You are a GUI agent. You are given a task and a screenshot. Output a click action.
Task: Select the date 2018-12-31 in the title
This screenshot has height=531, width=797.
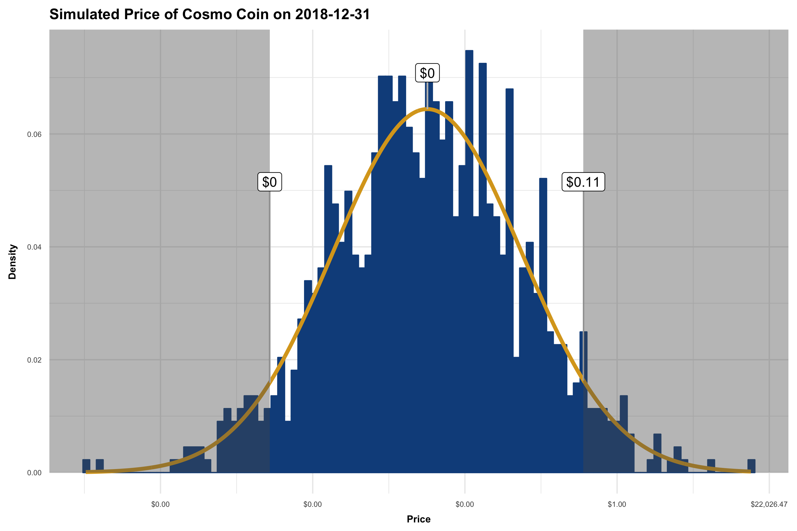pos(332,14)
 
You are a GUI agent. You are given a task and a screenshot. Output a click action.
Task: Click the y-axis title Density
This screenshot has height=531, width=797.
pos(12,261)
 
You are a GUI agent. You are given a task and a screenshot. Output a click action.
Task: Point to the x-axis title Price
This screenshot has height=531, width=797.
pos(419,519)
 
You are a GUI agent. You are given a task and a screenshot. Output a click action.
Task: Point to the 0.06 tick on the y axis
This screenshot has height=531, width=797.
pos(34,135)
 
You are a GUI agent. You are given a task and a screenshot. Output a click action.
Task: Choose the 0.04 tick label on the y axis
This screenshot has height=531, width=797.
pos(34,247)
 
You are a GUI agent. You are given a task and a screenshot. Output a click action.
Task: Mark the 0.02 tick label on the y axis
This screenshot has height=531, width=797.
pos(34,360)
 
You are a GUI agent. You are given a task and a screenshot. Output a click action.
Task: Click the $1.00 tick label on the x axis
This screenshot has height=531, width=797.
pos(617,504)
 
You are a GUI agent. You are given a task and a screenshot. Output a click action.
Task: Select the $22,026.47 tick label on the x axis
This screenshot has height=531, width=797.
pos(769,504)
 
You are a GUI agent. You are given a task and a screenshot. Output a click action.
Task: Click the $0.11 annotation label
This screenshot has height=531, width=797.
pos(583,182)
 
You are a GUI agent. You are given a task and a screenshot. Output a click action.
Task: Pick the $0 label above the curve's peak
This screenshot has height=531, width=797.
pos(427,73)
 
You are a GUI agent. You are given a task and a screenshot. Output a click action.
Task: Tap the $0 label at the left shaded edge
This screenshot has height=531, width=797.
pos(270,182)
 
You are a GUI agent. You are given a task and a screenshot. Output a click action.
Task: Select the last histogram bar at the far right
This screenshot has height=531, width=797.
pos(751,466)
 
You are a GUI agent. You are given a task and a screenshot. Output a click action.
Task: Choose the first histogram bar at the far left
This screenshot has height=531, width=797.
pos(86,466)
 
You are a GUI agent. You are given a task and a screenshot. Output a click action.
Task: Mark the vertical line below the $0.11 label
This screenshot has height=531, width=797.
pos(583,271)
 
